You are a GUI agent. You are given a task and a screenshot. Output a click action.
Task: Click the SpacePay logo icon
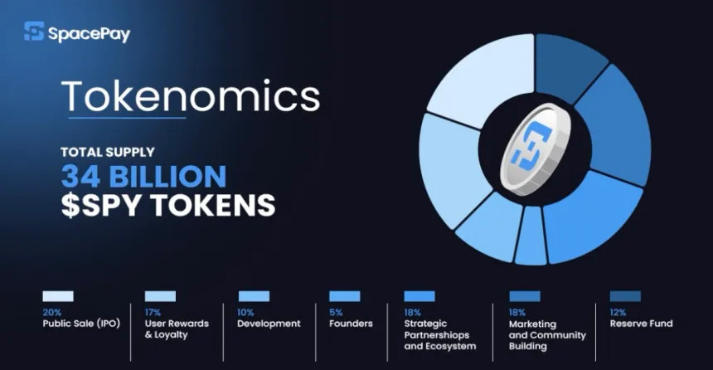click(x=35, y=32)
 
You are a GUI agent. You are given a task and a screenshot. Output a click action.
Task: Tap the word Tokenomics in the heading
click(x=191, y=97)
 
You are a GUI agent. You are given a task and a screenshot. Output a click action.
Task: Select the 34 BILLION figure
click(x=143, y=176)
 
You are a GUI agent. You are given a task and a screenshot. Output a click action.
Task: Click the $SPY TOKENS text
click(x=167, y=205)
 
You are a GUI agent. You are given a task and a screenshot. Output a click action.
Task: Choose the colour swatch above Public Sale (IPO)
click(x=58, y=296)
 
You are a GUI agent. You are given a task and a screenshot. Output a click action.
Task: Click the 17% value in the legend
click(x=153, y=312)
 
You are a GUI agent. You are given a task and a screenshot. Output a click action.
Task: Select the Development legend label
click(x=269, y=324)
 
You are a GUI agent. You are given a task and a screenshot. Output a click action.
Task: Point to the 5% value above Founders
click(x=336, y=312)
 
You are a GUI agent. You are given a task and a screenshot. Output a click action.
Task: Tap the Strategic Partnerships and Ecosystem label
click(x=440, y=334)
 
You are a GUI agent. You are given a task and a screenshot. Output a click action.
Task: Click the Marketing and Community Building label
click(x=547, y=334)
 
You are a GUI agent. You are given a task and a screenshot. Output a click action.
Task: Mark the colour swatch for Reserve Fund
click(x=625, y=296)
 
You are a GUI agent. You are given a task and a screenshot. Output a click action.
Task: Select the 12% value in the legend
click(x=618, y=312)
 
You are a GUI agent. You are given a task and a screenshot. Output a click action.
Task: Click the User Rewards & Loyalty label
click(x=177, y=329)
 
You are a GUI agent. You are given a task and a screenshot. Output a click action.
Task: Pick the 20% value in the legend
click(x=51, y=312)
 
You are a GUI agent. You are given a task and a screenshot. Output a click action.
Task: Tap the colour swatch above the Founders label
click(x=344, y=296)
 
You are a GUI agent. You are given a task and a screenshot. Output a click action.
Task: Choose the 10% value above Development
click(x=246, y=312)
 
